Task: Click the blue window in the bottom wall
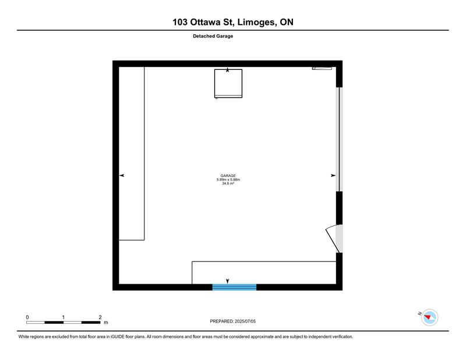234,287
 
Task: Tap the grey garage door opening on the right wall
339,139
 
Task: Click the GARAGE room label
228,176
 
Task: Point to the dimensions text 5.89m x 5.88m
228,179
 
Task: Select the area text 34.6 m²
228,183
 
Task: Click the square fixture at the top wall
228,83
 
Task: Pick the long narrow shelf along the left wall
132,153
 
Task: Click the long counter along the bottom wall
264,273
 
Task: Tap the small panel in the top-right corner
322,68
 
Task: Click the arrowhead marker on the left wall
122,175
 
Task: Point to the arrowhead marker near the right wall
333,175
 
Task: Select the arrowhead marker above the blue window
228,281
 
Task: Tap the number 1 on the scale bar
63,317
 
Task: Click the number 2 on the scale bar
100,317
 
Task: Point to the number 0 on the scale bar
27,317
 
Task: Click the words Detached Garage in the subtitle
213,36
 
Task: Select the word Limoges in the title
256,22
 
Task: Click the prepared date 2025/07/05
245,321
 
